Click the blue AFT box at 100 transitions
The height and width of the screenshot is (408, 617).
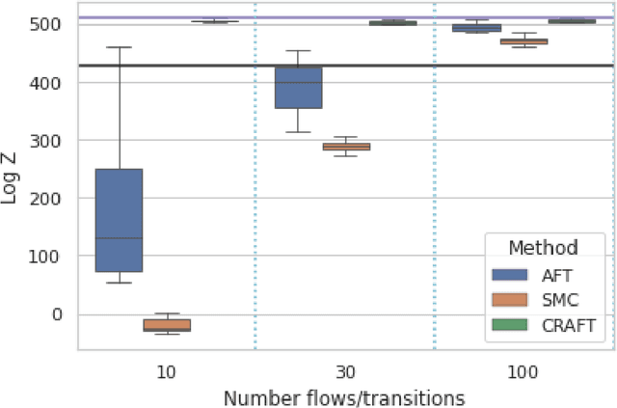click(x=476, y=28)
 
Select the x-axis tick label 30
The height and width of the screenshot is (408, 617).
click(x=345, y=372)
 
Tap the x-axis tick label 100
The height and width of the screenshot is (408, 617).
click(x=523, y=372)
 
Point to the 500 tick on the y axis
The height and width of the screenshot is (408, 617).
click(x=52, y=25)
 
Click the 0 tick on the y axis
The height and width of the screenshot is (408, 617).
click(x=60, y=314)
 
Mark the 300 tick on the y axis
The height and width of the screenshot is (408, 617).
click(x=52, y=141)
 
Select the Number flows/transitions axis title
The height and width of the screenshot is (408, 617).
click(x=344, y=396)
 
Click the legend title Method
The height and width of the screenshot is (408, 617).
click(x=545, y=247)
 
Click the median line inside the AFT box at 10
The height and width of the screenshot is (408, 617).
click(x=119, y=237)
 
